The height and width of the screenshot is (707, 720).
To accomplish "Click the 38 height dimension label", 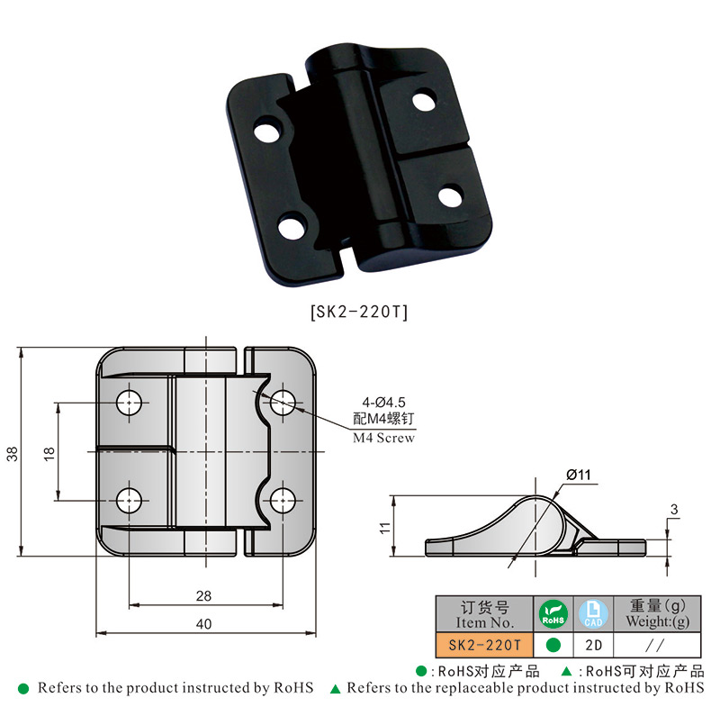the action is pyautogui.click(x=12, y=453).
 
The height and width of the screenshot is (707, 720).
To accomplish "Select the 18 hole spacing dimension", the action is pyautogui.click(x=49, y=453).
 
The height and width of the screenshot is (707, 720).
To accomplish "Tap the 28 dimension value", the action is pyautogui.click(x=203, y=596).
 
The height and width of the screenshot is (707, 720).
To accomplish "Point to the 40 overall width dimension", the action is pyautogui.click(x=203, y=624).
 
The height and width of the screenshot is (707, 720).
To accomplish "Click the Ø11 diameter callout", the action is pyautogui.click(x=579, y=475).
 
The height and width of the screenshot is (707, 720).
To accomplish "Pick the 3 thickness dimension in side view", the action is pyautogui.click(x=673, y=509).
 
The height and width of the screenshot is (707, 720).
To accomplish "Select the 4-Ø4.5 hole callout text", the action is pyautogui.click(x=384, y=403).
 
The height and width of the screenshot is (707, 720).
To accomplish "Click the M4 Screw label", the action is pyautogui.click(x=384, y=438).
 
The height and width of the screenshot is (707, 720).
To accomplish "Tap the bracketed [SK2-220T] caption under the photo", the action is pyautogui.click(x=359, y=312).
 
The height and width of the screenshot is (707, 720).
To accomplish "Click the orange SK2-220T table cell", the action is pyautogui.click(x=484, y=645).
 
